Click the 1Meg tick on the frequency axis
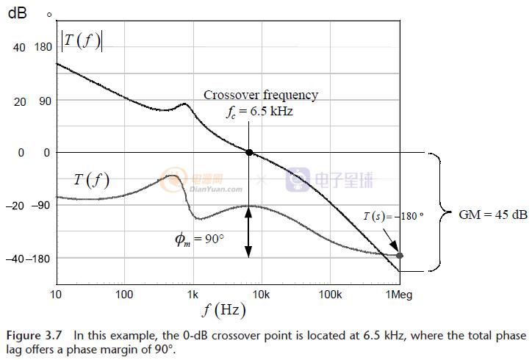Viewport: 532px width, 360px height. (x=400, y=295)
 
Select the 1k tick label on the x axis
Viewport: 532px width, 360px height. (x=193, y=295)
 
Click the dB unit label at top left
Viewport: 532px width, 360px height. (x=17, y=14)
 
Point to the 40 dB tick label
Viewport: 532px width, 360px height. (x=18, y=47)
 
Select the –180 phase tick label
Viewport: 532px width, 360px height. (x=43, y=258)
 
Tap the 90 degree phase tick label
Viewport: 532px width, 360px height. (x=46, y=101)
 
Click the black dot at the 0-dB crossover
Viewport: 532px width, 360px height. (x=249, y=152)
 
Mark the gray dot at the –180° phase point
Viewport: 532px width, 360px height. (x=400, y=256)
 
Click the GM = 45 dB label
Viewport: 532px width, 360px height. (x=492, y=215)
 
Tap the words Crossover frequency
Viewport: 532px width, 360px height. (x=261, y=95)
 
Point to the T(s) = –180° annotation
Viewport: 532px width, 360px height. (x=394, y=216)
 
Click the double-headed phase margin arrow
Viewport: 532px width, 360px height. (x=249, y=231)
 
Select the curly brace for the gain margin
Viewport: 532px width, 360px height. (x=440, y=212)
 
